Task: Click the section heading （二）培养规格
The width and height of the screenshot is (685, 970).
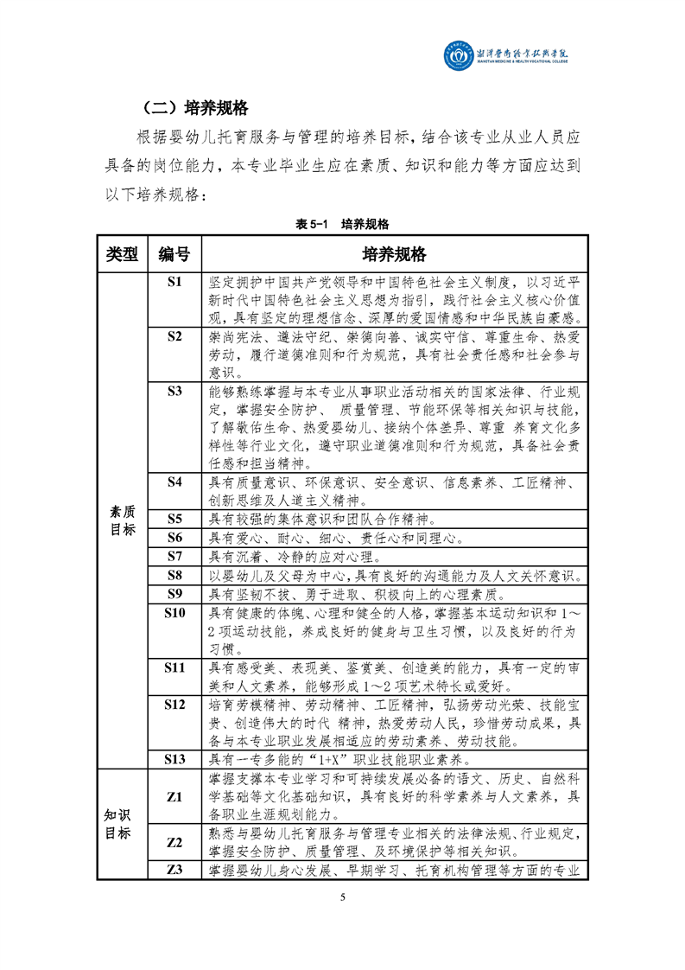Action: pyautogui.click(x=195, y=108)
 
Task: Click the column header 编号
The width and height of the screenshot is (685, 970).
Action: pyautogui.click(x=174, y=254)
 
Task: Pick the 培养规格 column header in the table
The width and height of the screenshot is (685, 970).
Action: pyautogui.click(x=394, y=254)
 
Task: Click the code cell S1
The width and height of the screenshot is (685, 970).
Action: pyautogui.click(x=174, y=282)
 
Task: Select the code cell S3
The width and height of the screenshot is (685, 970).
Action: pyautogui.click(x=174, y=392)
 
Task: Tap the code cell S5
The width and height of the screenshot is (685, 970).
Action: pyautogui.click(x=174, y=519)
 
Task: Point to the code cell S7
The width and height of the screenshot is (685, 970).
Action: pyautogui.click(x=174, y=556)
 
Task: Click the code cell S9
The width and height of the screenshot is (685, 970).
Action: pyautogui.click(x=174, y=593)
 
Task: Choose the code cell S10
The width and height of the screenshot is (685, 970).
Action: pyautogui.click(x=174, y=613)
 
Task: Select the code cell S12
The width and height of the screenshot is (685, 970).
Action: pyautogui.click(x=174, y=705)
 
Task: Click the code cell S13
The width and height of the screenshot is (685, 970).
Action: pyautogui.click(x=174, y=759)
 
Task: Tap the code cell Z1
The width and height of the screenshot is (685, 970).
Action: pyautogui.click(x=174, y=797)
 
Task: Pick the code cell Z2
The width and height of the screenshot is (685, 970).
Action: pyautogui.click(x=174, y=842)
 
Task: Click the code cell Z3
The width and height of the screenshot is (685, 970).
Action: pyautogui.click(x=174, y=870)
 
